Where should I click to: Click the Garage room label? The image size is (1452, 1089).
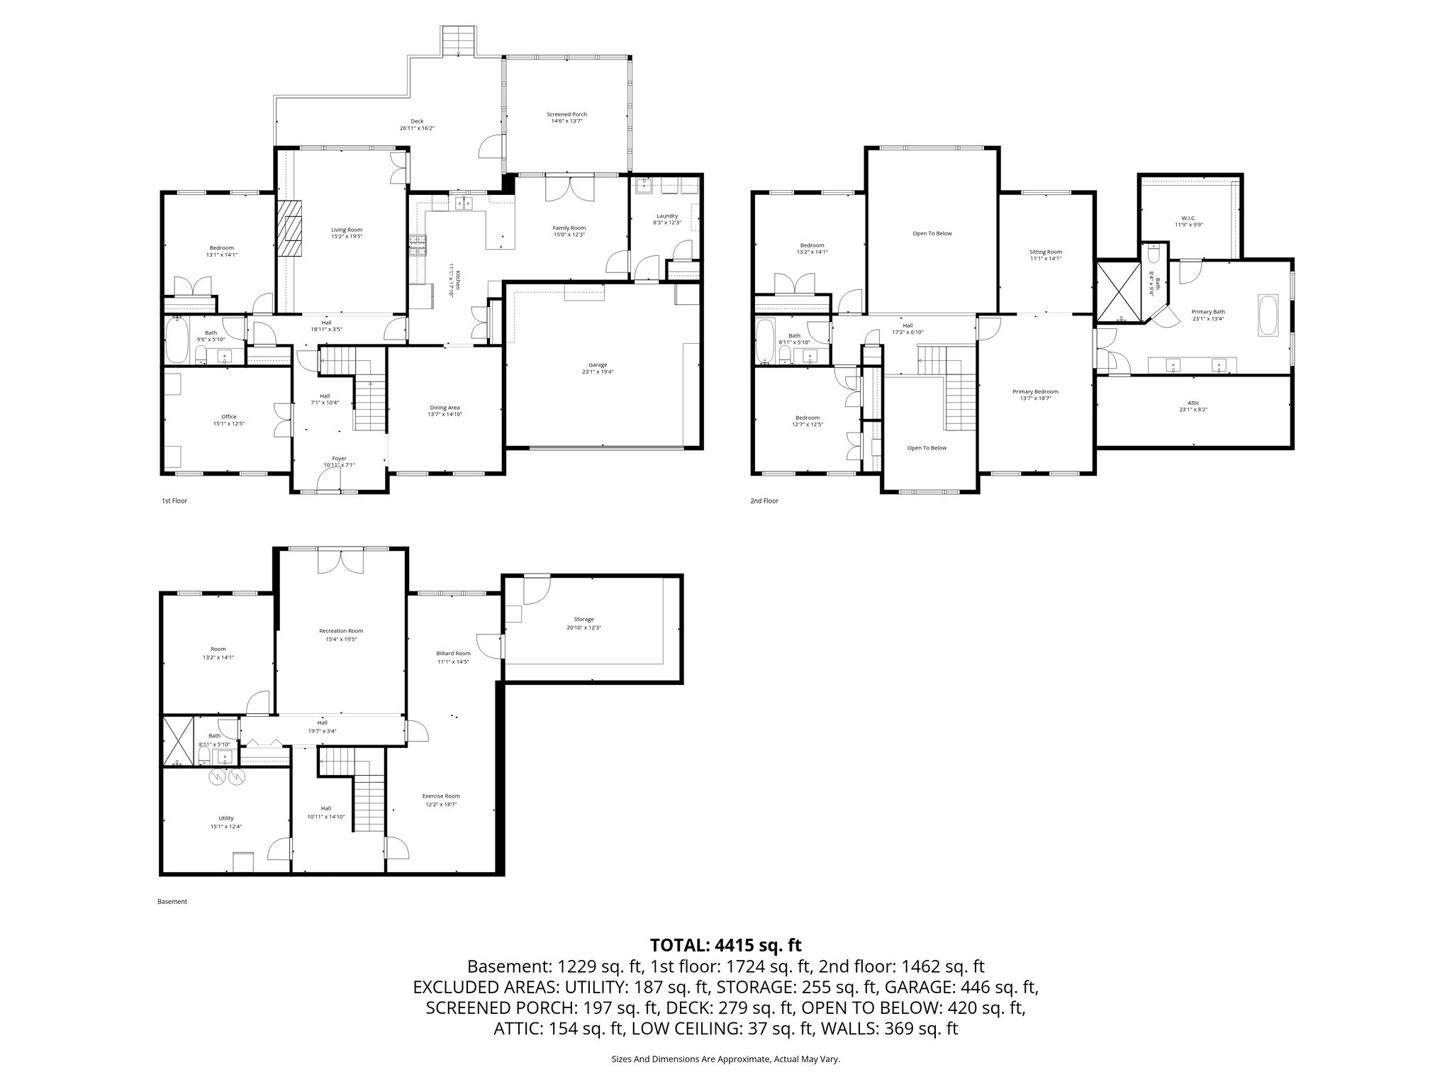pos(598,364)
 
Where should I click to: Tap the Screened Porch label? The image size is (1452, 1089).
pos(566,114)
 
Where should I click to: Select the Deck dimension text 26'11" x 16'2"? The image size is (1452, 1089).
pos(417,128)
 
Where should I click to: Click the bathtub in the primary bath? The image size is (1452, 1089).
pos(1268,314)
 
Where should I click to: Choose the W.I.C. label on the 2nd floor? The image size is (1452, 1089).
pos(1189,218)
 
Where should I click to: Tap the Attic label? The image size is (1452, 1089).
pos(1193,403)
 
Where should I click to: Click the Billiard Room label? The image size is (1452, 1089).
pos(454,653)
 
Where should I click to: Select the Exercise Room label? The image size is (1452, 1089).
pos(441,795)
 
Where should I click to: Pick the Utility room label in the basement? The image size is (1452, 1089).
pos(226,817)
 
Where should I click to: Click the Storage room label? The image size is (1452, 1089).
pos(584,619)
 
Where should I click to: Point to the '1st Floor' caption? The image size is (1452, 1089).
pos(174,501)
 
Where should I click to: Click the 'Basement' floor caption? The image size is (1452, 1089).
pos(172,902)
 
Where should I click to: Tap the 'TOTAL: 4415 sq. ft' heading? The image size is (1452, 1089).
pos(725,945)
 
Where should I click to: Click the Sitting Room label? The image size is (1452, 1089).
pos(1046,252)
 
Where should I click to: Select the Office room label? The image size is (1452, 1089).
pos(228,417)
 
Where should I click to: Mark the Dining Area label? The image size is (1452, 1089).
pos(445,408)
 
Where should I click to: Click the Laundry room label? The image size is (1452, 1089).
pos(666,216)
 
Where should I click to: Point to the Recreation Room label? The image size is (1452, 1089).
pos(341,630)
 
